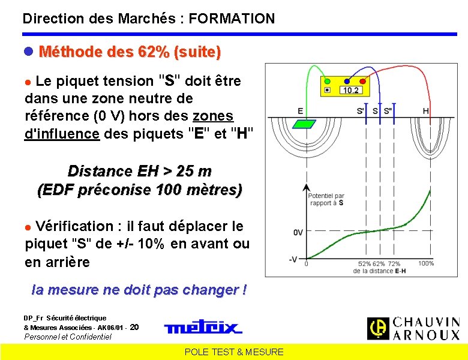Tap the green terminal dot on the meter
[327, 80]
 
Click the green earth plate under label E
[305, 124]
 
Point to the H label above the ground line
[425, 111]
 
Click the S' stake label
[361, 111]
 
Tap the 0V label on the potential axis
[298, 232]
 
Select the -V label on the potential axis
[294, 259]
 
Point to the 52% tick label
[364, 263]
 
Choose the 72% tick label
[394, 263]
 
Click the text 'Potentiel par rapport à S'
[326, 199]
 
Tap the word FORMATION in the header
[231, 19]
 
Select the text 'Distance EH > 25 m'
[140, 171]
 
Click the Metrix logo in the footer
[203, 328]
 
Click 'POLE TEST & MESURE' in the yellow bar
[234, 352]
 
